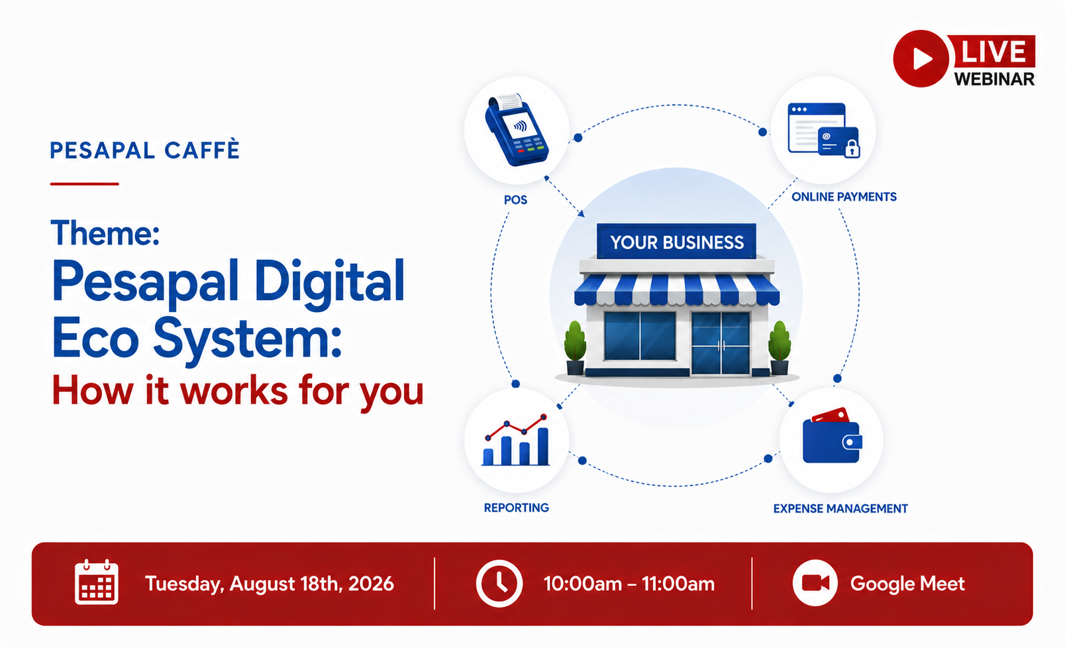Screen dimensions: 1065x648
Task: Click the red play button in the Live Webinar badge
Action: [921, 58]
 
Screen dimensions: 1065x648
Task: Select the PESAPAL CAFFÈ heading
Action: [144, 150]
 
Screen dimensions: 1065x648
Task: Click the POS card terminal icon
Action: [517, 129]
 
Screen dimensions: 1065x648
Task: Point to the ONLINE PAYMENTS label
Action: [844, 197]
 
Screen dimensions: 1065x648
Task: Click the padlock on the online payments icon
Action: [852, 149]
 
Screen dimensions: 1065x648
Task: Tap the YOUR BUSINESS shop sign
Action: [677, 242]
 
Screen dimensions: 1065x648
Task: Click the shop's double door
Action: [721, 343]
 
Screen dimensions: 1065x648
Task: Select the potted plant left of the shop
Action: [575, 348]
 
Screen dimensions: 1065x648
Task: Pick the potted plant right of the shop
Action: [780, 348]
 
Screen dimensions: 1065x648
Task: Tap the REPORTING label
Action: [517, 508]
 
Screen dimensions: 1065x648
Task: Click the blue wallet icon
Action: [832, 436]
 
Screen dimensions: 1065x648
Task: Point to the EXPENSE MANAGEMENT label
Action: [840, 509]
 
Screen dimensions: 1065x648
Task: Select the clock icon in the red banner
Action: [499, 583]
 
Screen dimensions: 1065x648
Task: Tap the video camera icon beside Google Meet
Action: [815, 583]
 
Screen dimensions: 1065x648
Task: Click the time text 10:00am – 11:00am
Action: [629, 584]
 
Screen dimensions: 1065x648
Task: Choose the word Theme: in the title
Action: [105, 233]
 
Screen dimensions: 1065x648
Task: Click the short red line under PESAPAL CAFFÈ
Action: [84, 184]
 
